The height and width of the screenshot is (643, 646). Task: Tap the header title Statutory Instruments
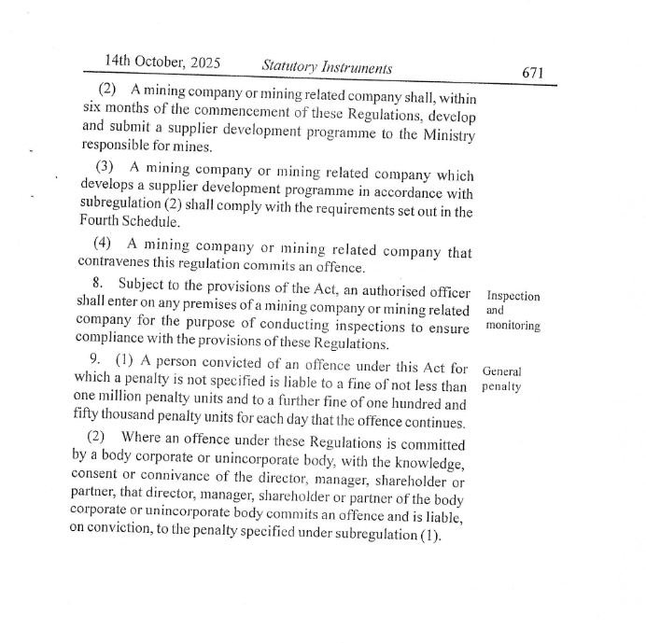pos(327,67)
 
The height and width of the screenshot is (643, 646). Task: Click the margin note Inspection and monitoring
pos(513,311)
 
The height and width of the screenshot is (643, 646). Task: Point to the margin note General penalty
pos(502,378)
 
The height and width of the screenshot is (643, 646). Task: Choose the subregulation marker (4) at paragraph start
pos(103,245)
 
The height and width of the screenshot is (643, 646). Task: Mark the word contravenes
pos(117,261)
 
